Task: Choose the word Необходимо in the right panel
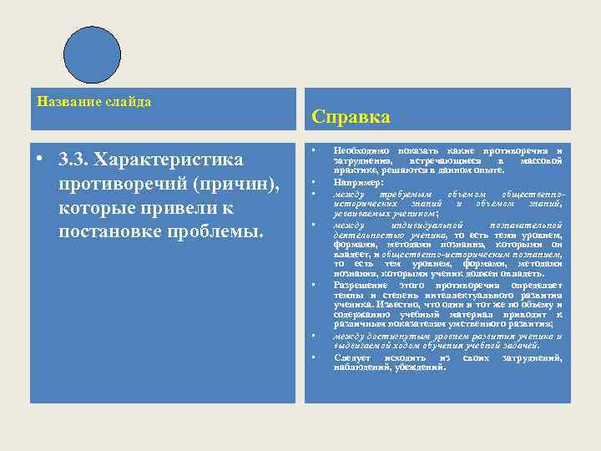coord(359,151)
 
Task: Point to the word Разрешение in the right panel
coord(361,285)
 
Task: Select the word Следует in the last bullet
coord(354,357)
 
